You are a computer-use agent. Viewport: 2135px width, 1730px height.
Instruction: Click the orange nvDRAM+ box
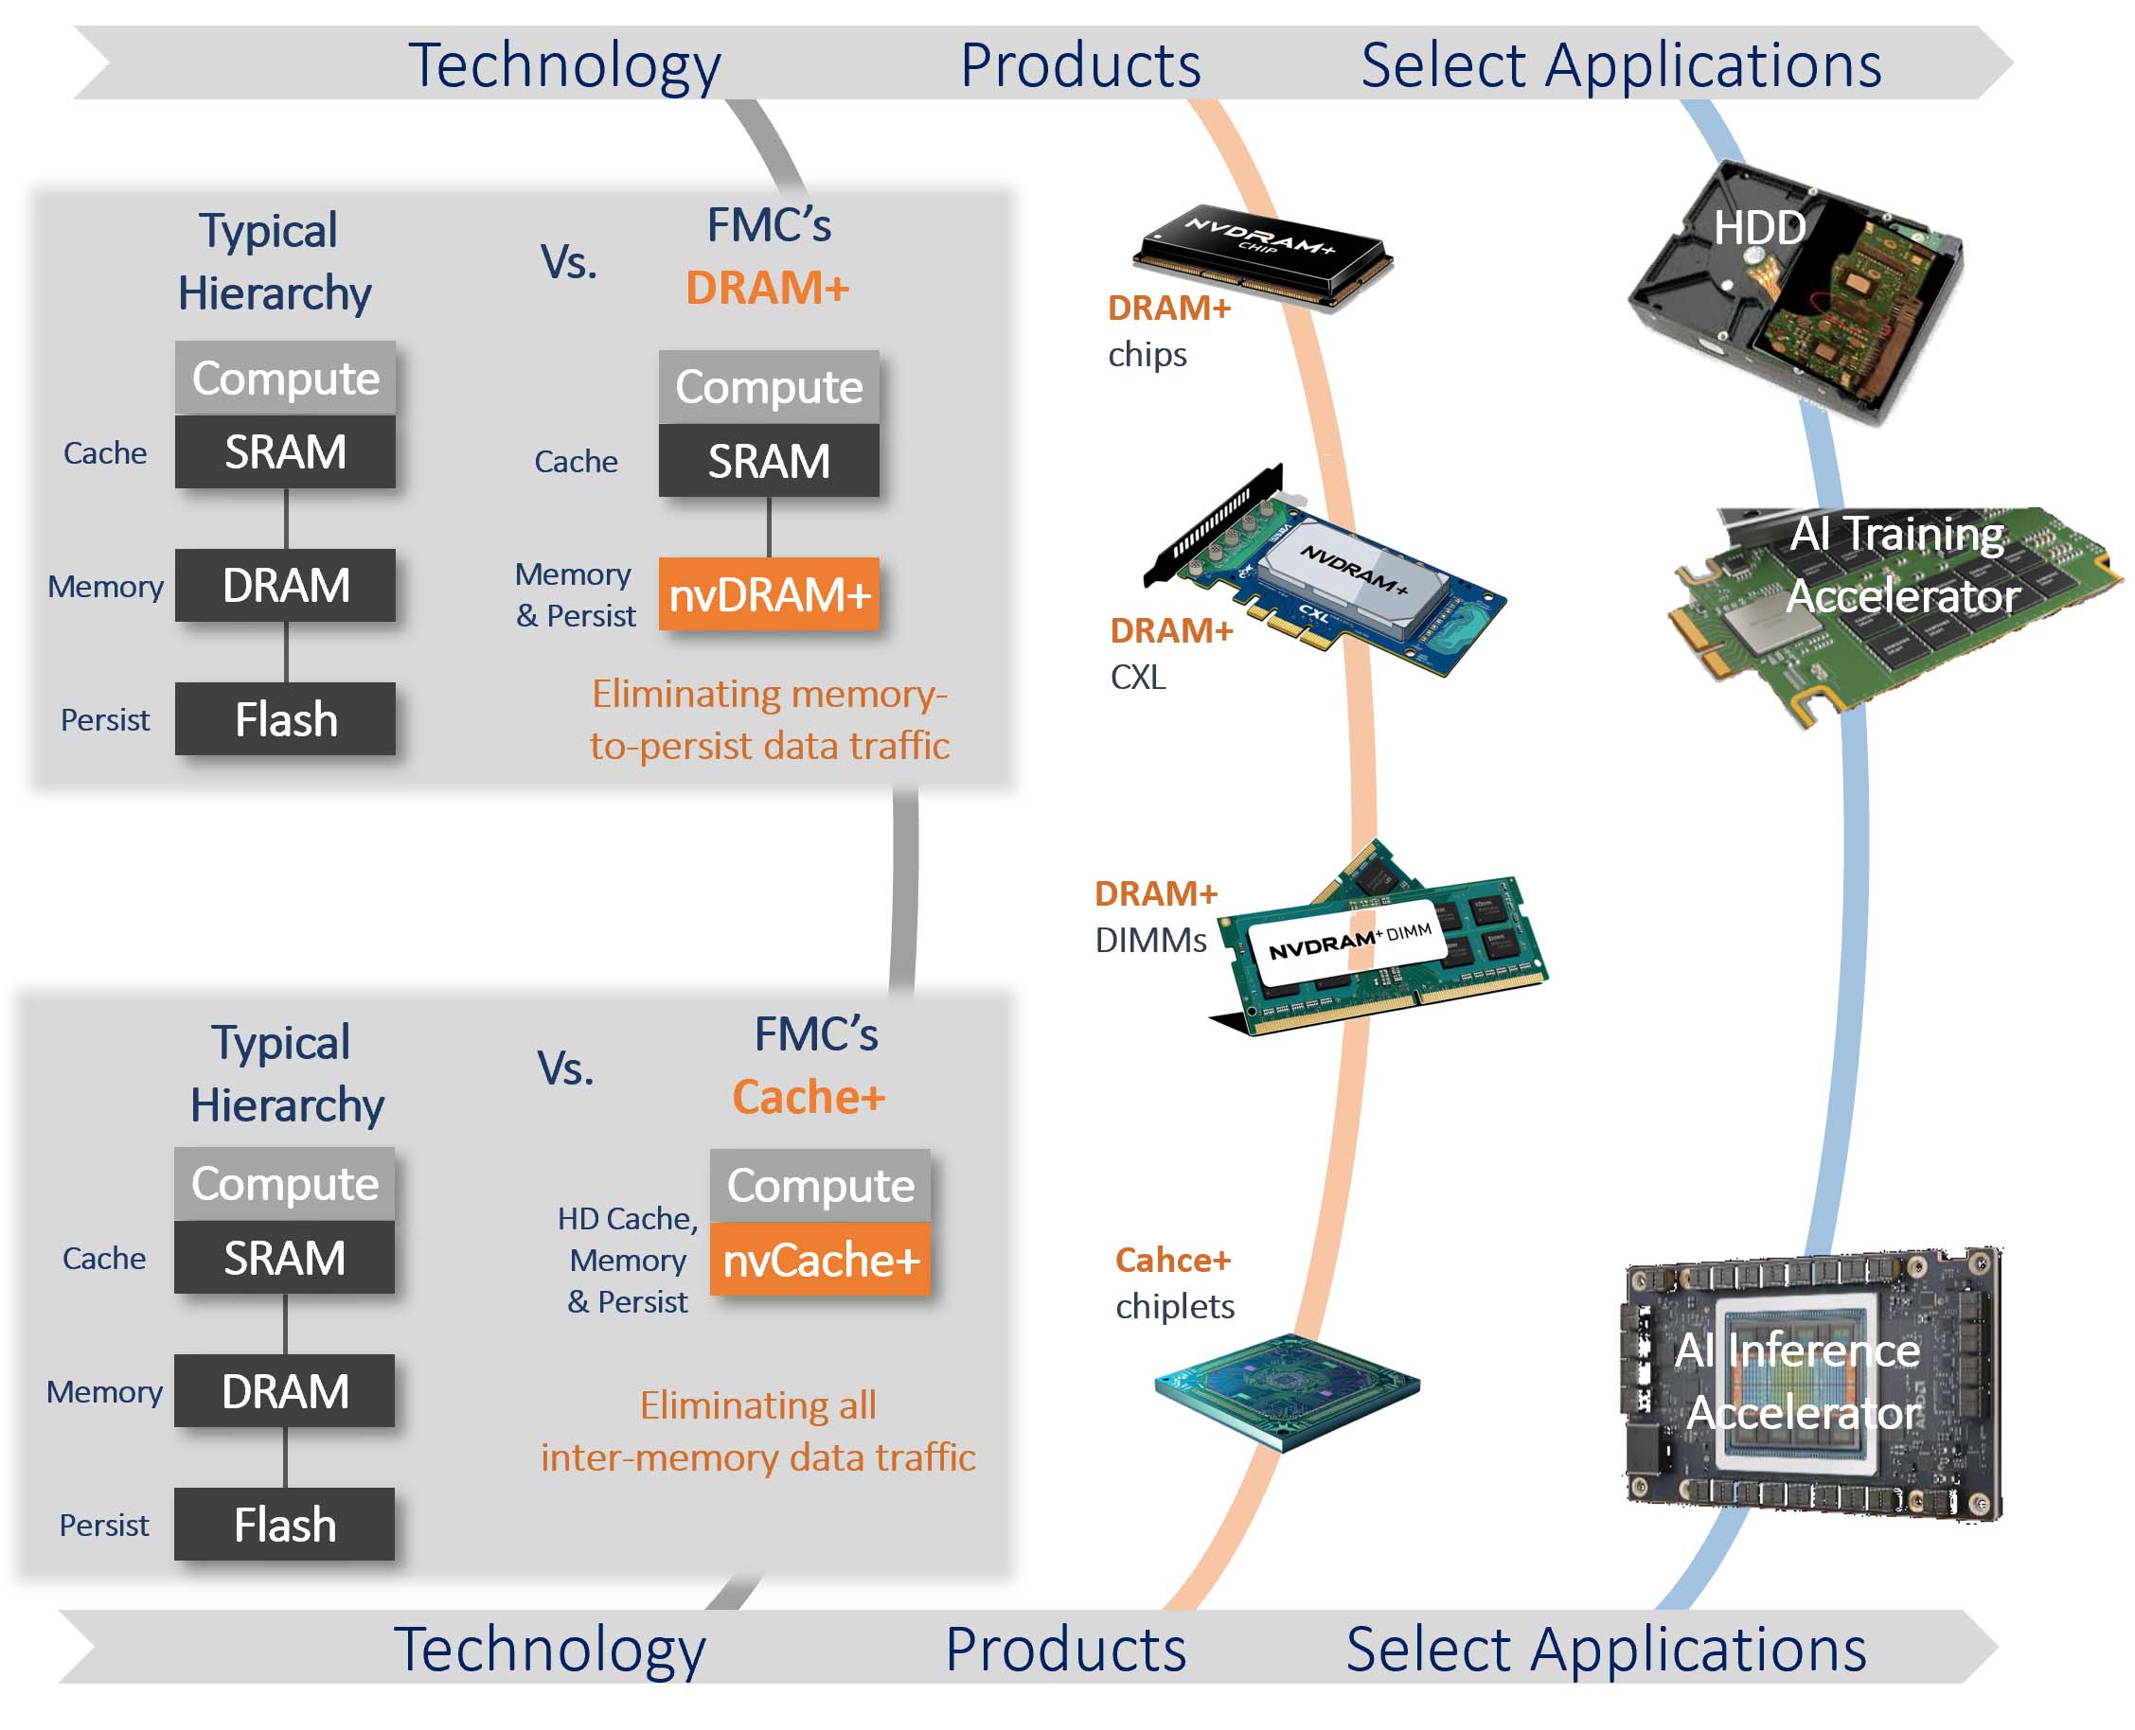769,595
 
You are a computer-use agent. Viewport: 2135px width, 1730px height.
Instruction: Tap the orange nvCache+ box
819,1260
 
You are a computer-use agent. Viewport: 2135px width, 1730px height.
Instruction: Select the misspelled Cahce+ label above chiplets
1172,1260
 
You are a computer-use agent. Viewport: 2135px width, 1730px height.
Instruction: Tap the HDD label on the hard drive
1758,228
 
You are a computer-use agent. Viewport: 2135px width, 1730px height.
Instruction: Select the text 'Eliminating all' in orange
757,1405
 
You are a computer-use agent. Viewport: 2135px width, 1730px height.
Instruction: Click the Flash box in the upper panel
285,719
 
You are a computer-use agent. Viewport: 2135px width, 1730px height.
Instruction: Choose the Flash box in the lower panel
284,1525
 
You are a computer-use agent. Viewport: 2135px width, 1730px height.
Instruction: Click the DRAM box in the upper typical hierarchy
285,586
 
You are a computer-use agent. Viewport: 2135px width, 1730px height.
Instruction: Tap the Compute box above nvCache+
819,1186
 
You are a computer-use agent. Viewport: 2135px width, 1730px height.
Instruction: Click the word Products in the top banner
1080,65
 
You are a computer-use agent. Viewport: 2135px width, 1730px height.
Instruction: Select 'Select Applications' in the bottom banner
1605,1651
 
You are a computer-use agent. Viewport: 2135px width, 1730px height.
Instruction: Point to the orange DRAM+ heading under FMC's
767,288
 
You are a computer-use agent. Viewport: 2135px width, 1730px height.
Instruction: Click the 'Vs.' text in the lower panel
565,1068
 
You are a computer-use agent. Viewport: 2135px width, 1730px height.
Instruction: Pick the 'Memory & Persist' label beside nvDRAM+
575,595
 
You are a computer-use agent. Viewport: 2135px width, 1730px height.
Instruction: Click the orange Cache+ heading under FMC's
808,1097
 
